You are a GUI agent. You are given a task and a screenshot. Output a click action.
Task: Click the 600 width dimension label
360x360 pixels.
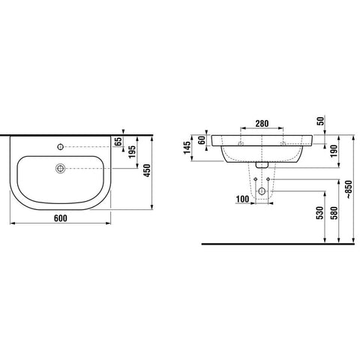coord(61,218)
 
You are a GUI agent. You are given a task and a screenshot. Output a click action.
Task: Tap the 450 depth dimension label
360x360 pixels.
coord(148,170)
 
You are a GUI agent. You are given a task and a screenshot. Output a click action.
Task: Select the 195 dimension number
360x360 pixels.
coord(132,151)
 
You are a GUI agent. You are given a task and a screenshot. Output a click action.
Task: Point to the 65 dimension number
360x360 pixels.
coord(119,141)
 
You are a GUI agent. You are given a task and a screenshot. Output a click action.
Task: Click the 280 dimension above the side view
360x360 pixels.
coord(262,124)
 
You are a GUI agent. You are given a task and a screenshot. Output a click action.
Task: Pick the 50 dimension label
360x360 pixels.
coord(321,121)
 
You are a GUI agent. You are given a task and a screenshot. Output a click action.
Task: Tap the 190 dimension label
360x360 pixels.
coord(334,151)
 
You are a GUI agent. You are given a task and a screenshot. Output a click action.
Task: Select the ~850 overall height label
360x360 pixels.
coord(349,190)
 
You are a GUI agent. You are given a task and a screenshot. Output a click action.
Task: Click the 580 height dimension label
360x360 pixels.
coord(334,213)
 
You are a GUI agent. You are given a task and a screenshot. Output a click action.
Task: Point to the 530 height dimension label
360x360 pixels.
coord(319,213)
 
